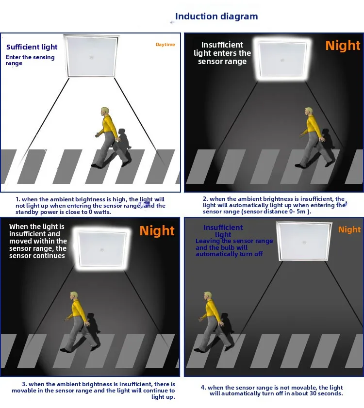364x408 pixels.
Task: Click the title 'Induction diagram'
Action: tap(216, 16)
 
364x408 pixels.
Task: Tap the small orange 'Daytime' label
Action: tap(165, 45)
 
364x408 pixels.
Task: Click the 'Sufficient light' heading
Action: tap(32, 47)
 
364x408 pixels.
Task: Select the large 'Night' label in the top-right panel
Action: tap(343, 45)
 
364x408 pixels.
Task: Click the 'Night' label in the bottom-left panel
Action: tap(157, 230)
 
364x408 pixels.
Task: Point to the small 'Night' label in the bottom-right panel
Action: tap(349, 229)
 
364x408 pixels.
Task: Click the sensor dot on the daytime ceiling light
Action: tap(91, 57)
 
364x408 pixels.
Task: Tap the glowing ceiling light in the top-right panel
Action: tap(283, 60)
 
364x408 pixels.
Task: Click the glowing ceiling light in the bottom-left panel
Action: tap(102, 249)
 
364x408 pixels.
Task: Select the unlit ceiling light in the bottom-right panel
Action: tap(304, 241)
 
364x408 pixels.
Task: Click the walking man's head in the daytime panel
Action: tap(105, 112)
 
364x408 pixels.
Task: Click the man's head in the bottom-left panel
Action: tap(74, 296)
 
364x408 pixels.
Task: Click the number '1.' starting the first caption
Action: tap(17, 199)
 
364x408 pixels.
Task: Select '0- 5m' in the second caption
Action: tap(297, 212)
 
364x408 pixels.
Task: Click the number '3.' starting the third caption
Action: tap(24, 384)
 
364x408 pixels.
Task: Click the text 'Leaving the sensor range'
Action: tap(234, 241)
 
